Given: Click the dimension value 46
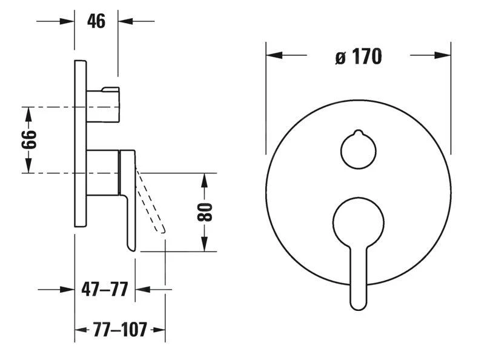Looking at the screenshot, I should [x=96, y=21].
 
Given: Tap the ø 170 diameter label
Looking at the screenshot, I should [x=358, y=56].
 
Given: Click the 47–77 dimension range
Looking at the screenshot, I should [x=104, y=290].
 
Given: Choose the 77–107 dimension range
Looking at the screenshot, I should [x=119, y=330].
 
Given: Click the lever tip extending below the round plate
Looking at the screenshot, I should [x=359, y=297].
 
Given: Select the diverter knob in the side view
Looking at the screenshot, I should [x=103, y=104].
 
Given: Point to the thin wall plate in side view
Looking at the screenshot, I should [x=81, y=144].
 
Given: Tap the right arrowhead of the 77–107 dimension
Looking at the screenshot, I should [x=159, y=330].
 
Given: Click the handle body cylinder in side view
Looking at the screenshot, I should [x=103, y=173].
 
